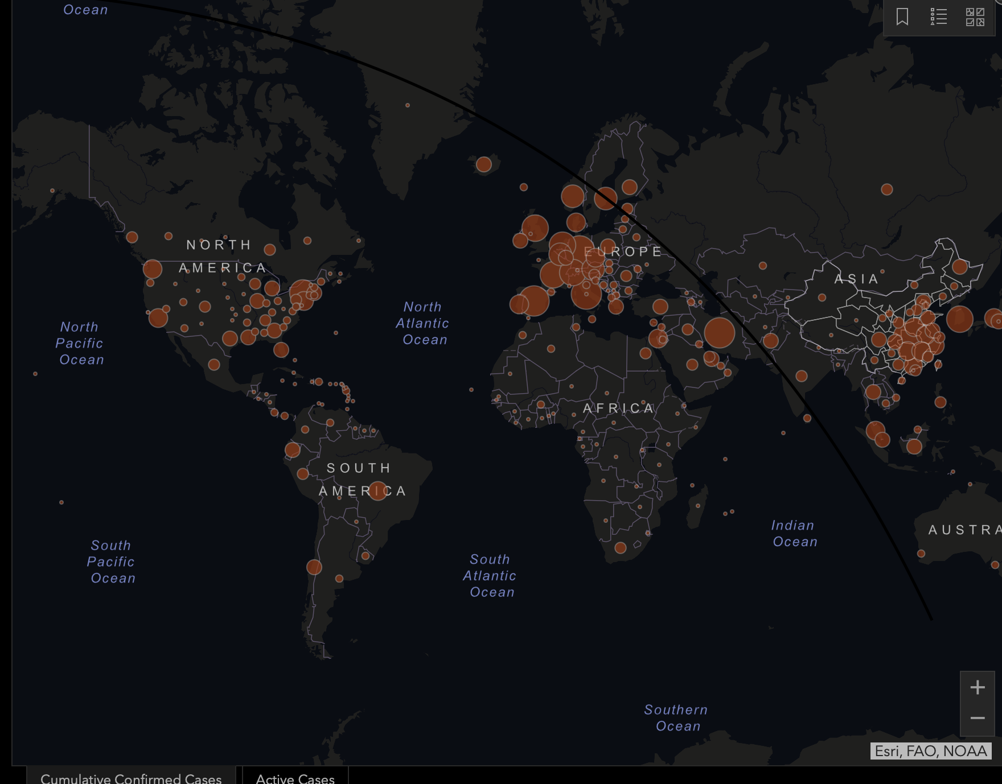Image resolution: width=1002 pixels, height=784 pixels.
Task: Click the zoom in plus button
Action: (978, 687)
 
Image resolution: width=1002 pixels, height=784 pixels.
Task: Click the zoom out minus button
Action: (978, 718)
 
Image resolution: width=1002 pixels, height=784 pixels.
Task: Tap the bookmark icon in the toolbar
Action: (902, 16)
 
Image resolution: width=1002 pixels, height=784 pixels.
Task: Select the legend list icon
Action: (938, 16)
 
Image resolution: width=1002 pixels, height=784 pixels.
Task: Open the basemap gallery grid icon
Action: (975, 16)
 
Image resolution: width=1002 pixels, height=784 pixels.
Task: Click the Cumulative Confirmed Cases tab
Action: (131, 778)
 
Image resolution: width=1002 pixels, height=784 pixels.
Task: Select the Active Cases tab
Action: (295, 778)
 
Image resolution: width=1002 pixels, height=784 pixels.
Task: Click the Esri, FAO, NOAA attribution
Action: (931, 751)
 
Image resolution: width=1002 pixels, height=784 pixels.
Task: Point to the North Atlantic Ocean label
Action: (422, 323)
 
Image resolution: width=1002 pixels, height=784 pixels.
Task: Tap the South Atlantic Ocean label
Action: (490, 576)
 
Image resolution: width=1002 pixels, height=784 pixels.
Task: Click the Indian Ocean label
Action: (794, 533)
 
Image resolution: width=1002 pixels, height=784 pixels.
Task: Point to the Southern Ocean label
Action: (676, 717)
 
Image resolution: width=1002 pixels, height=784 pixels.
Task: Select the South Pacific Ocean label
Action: (112, 562)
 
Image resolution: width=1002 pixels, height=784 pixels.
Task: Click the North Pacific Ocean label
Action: (80, 343)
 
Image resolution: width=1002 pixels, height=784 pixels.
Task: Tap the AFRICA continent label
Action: (618, 408)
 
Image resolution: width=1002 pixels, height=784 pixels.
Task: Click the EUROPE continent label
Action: (624, 251)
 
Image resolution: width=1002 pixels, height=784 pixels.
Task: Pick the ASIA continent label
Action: (856, 279)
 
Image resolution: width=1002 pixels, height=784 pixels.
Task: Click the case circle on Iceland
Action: (484, 164)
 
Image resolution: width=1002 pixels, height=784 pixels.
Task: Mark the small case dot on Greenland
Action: (408, 105)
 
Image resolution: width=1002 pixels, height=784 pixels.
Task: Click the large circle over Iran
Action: (720, 333)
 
